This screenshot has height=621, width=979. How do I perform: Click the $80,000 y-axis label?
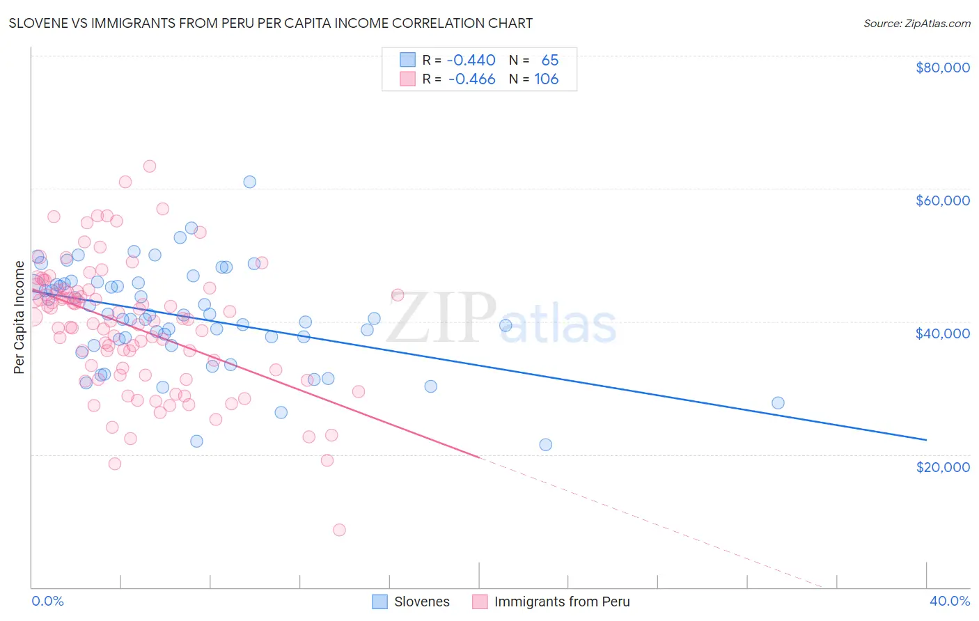[x=942, y=68]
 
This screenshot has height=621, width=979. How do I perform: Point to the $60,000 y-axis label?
[x=942, y=201]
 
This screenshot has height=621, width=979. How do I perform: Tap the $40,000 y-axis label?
[x=942, y=333]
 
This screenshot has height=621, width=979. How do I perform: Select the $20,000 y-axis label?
[x=942, y=466]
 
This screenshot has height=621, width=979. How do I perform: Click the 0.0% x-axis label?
[x=47, y=601]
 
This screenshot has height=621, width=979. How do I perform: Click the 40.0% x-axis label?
[x=949, y=601]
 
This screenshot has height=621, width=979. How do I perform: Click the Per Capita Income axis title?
[x=19, y=317]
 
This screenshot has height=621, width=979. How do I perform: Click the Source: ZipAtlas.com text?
[x=916, y=23]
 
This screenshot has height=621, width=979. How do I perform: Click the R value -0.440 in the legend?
[x=471, y=60]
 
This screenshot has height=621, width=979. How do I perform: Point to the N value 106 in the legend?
[x=546, y=79]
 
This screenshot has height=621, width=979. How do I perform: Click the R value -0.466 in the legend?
[x=471, y=79]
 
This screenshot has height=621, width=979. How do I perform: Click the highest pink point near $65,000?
[x=149, y=166]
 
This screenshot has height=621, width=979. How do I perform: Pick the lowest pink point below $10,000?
[x=339, y=530]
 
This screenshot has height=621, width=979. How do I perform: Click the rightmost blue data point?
[x=778, y=403]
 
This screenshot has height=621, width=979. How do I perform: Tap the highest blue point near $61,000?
[x=249, y=182]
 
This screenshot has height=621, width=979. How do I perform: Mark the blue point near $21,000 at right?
[x=545, y=444]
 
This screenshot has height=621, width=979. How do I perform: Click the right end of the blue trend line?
[x=926, y=439]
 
